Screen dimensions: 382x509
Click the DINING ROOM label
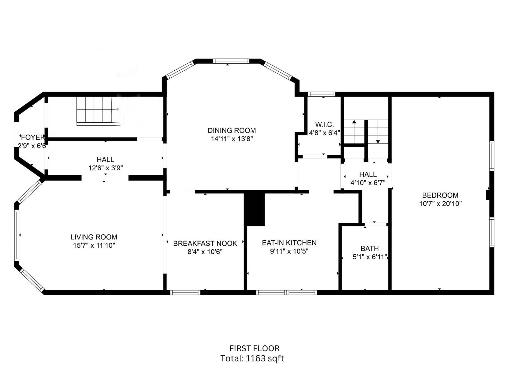(x=232, y=131)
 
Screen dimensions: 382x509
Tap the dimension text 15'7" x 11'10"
(x=94, y=245)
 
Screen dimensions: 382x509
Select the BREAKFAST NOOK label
(x=205, y=244)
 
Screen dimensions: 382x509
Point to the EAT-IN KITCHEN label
(x=289, y=243)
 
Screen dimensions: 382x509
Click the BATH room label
(x=369, y=248)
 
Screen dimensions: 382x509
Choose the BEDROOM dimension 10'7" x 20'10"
(x=440, y=204)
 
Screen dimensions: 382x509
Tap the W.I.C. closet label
(x=324, y=124)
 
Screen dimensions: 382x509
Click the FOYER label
(x=32, y=138)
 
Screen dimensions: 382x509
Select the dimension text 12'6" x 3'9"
(x=106, y=168)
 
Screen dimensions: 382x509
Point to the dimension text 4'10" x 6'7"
(x=368, y=183)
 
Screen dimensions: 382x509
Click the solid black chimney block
(x=254, y=209)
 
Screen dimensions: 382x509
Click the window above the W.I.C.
(x=322, y=94)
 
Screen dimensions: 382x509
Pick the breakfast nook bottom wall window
(x=185, y=292)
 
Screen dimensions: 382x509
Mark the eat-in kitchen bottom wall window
(x=286, y=292)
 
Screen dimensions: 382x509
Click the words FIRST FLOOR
(x=254, y=348)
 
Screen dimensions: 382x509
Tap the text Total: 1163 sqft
(x=252, y=358)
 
